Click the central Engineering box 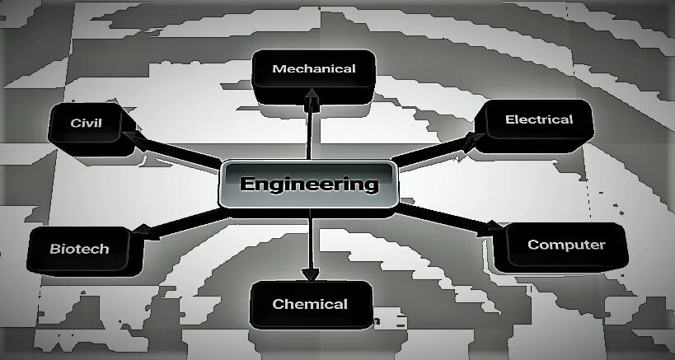click(x=309, y=185)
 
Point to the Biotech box click(x=79, y=250)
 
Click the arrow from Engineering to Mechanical click(x=312, y=128)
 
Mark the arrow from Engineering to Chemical click(x=310, y=243)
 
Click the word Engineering click(x=309, y=183)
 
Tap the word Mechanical click(x=314, y=68)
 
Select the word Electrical click(x=539, y=119)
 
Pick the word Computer click(x=566, y=245)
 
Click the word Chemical click(x=310, y=304)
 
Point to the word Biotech click(x=79, y=249)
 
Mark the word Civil click(x=86, y=123)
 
